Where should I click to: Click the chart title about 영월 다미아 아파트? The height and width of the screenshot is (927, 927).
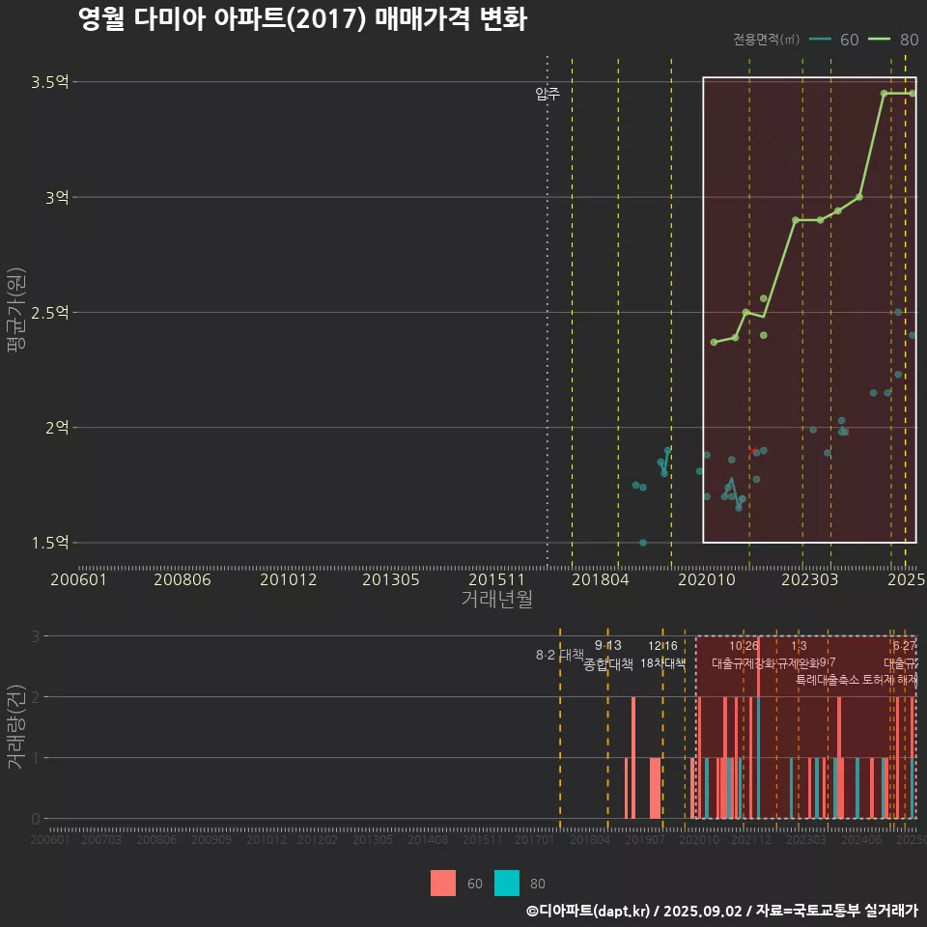pos(302,20)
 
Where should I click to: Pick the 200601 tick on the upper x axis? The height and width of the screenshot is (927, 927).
pos(78,580)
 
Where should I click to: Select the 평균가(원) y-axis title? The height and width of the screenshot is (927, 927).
pos(16,312)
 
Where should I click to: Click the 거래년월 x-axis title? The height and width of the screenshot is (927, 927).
pos(496,600)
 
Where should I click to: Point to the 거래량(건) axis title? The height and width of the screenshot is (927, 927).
pos(16,727)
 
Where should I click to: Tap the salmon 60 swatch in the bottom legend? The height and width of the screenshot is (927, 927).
pos(443,883)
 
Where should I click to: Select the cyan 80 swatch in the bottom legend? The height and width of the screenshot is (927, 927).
pos(507,883)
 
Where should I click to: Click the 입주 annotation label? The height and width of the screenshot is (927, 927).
pos(548,94)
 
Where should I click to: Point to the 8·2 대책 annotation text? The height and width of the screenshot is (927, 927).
pos(560,655)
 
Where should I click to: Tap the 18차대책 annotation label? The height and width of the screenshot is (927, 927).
pos(662,663)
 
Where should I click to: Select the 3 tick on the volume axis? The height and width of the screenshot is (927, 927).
pos(36,636)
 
